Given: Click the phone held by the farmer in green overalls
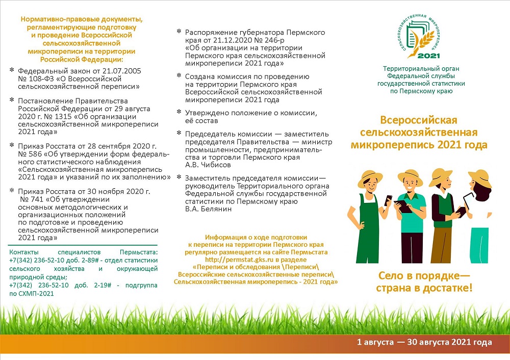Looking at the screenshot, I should coord(387,198).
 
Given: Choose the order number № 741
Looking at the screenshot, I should coord(31,199).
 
